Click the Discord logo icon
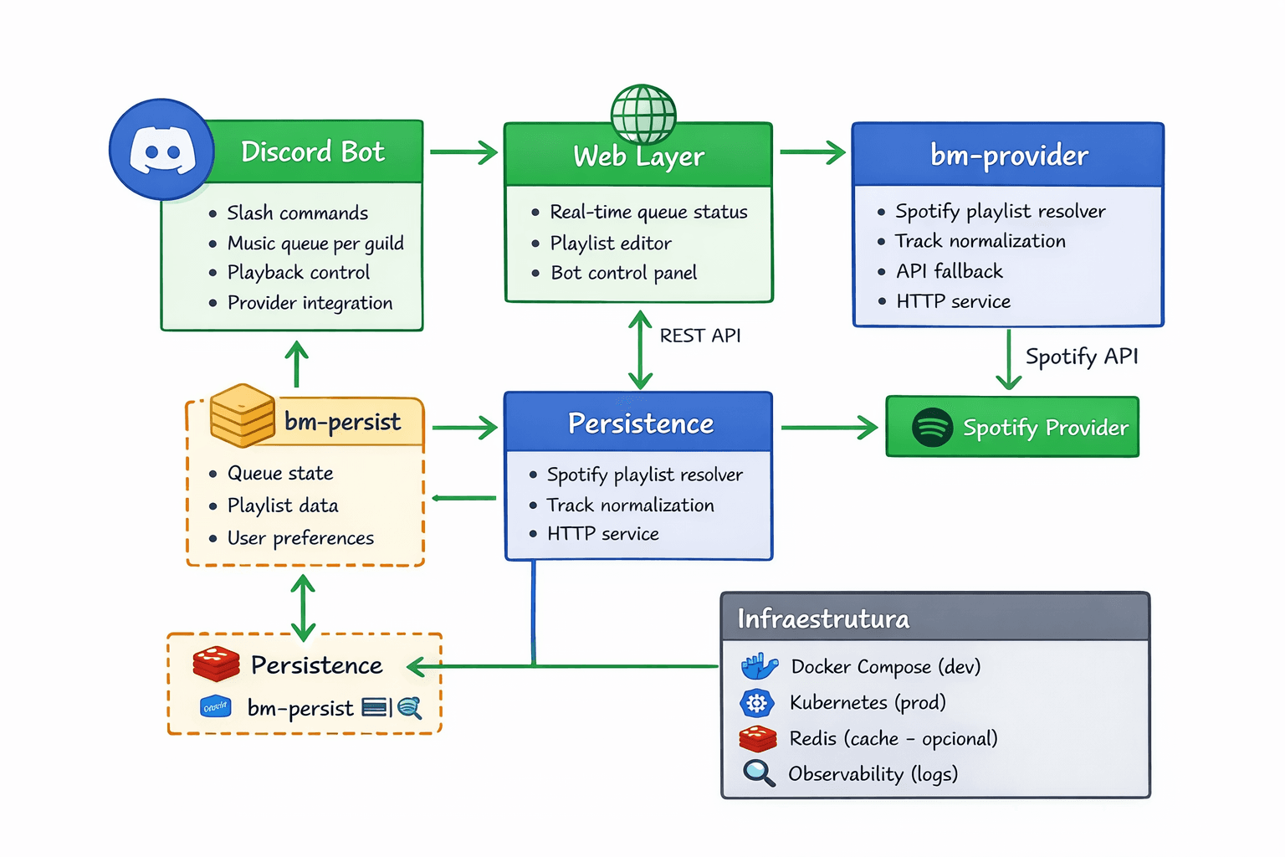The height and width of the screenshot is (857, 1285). [162, 150]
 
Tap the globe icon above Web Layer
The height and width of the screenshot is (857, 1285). [643, 115]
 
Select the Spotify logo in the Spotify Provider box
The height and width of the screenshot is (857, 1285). [932, 428]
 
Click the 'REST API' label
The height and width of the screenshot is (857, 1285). [700, 336]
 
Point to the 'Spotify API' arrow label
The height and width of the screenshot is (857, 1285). [1082, 357]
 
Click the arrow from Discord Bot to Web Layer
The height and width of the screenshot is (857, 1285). [463, 152]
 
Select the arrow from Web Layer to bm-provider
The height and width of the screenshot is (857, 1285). [812, 152]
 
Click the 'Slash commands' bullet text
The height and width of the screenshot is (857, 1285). [297, 213]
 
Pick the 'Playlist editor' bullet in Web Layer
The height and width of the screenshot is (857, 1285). [611, 244]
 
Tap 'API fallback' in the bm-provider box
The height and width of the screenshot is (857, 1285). [950, 271]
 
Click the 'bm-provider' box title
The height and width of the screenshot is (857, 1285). [1009, 156]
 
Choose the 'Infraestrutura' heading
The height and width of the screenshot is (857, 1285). [823, 619]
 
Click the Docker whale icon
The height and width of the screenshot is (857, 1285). [759, 666]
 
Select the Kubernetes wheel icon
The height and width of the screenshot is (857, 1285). [756, 703]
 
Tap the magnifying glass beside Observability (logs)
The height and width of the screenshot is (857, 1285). [759, 773]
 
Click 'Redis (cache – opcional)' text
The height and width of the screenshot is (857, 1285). [893, 738]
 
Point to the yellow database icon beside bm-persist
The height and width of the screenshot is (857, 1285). [243, 415]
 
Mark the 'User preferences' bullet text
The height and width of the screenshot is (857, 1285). [300, 538]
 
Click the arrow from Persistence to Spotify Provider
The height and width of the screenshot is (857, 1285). [828, 428]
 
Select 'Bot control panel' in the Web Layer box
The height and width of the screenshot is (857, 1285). [623, 274]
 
